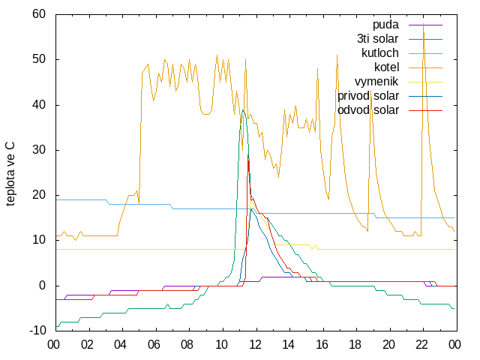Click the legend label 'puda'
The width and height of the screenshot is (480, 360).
tap(385, 25)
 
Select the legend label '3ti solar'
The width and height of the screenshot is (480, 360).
tap(378, 39)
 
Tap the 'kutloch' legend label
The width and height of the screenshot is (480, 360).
tap(380, 53)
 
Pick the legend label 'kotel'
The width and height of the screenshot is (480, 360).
tap(387, 67)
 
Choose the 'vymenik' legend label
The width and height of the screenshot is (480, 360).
tap(376, 82)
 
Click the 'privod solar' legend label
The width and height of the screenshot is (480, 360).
tap(368, 96)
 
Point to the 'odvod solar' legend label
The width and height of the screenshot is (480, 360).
tap(368, 110)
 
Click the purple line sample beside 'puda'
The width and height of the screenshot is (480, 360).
tap(425, 25)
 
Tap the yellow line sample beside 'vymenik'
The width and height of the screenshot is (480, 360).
tap(425, 82)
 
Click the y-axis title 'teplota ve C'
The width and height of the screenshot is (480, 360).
tap(10, 173)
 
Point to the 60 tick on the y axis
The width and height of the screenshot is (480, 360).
tap(39, 14)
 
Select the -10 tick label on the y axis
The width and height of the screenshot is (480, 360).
tap(37, 331)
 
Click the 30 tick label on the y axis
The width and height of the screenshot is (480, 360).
tap(39, 150)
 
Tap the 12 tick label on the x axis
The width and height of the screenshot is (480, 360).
tap(255, 345)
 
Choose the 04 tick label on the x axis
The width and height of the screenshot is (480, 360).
tap(120, 345)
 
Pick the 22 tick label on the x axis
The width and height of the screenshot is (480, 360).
tap(421, 345)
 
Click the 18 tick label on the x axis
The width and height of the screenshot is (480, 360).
tap(355, 345)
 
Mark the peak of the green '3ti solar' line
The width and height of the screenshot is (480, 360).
tap(243, 110)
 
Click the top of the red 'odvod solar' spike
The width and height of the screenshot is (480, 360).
tap(247, 155)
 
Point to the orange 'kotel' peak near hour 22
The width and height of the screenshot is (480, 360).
tap(423, 23)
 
